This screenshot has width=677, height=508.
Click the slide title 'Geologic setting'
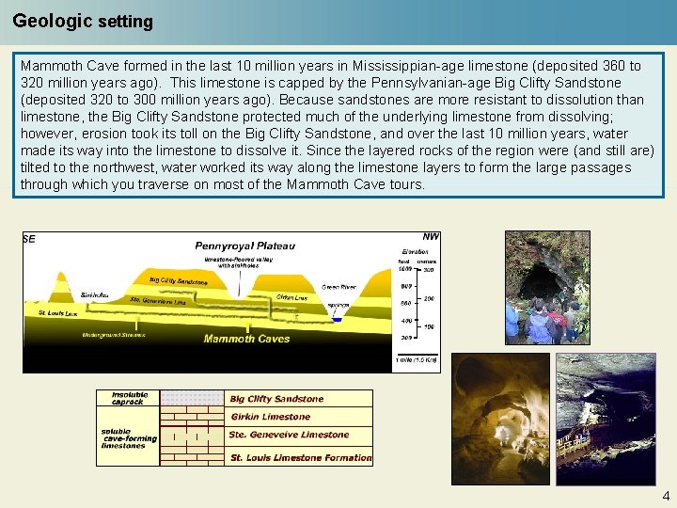(83, 21)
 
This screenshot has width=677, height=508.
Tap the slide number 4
(666, 496)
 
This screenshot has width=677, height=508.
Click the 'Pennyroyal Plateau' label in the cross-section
(244, 246)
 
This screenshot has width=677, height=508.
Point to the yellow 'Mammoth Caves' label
(246, 339)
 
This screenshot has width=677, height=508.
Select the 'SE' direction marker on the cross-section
(29, 240)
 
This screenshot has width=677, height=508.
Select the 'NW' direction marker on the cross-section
(431, 237)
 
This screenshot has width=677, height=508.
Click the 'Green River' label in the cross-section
(338, 286)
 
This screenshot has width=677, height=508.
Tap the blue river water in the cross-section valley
(338, 319)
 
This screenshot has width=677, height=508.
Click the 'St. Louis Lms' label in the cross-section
(57, 312)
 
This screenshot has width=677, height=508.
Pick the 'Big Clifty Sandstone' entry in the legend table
(276, 399)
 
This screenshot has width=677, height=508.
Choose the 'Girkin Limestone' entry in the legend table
(270, 417)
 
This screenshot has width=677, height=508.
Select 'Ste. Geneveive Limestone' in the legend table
(288, 435)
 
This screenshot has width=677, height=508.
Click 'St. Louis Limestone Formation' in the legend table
(301, 458)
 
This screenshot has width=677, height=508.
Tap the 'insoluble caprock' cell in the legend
(129, 398)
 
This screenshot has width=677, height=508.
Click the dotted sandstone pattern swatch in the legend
(192, 398)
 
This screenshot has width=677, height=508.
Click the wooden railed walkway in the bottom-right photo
(583, 443)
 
